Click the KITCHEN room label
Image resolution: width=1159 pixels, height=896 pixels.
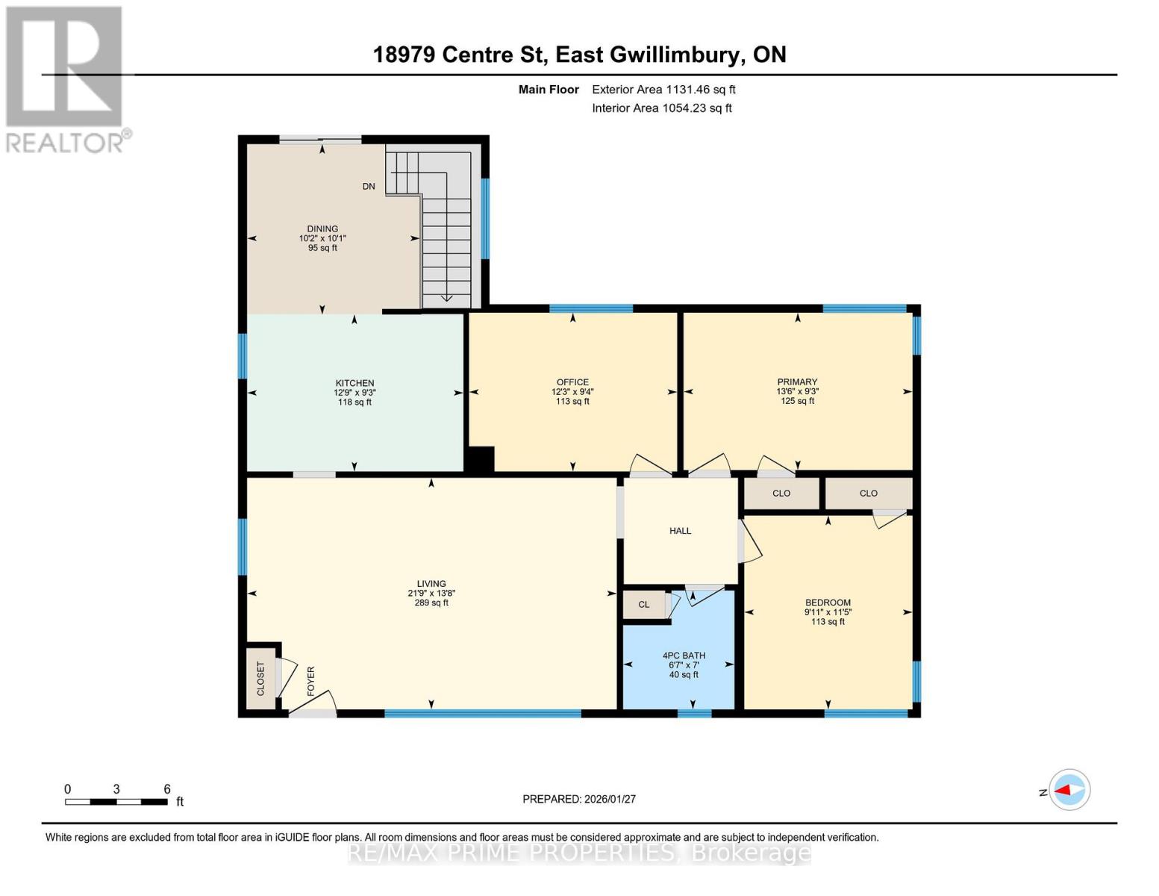354,383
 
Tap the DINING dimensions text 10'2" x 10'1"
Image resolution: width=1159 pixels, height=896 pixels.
322,238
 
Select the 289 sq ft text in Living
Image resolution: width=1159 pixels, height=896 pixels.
431,603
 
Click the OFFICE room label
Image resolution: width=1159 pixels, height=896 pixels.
572,382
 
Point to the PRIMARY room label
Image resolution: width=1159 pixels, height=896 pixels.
797,382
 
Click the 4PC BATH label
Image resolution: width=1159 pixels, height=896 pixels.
684,656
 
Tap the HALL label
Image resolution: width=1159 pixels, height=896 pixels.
680,531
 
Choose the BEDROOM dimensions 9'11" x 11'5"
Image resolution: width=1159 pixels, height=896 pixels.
828,612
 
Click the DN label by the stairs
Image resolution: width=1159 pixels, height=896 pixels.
369,187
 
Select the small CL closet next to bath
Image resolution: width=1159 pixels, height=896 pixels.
644,605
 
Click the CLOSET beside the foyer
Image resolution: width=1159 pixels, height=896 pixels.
260,678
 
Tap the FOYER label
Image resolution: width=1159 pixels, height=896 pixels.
310,681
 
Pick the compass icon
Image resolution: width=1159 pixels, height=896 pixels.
1069,789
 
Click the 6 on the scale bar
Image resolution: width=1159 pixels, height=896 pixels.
167,789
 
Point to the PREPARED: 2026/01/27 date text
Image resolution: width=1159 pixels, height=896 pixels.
579,799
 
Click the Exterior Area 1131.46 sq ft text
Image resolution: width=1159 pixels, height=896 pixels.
663,90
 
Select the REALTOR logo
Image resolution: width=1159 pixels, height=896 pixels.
66,78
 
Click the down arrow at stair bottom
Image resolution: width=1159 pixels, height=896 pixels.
446,297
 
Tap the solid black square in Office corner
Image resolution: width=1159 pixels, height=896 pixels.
480,459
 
